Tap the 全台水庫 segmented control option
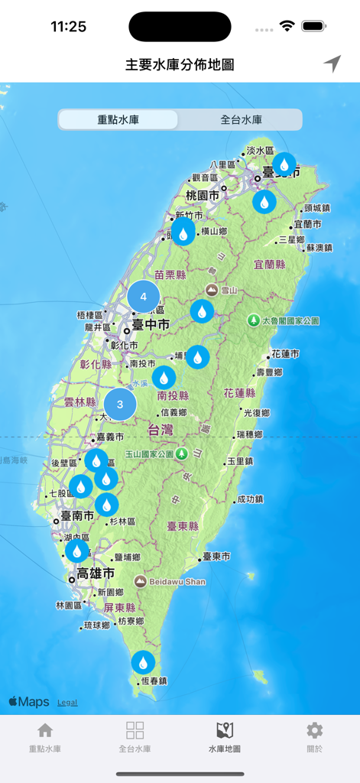[x=241, y=120]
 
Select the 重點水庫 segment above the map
[x=118, y=120]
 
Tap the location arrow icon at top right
[x=332, y=64]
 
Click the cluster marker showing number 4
[x=143, y=297]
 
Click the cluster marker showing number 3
[x=120, y=404]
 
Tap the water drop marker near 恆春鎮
[x=143, y=662]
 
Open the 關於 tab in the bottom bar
[x=314, y=737]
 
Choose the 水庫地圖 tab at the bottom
[x=225, y=737]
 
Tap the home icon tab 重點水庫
[x=45, y=737]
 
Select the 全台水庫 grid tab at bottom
[x=135, y=737]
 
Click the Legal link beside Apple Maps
[x=67, y=702]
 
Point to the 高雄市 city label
[x=96, y=573]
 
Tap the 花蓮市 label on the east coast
[x=285, y=355]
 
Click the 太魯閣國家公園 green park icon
[x=253, y=320]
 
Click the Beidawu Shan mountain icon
[x=140, y=582]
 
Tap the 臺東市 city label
[x=215, y=556]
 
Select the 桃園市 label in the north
[x=202, y=196]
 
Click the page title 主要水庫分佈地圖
[x=180, y=64]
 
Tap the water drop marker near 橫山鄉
[x=183, y=232]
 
